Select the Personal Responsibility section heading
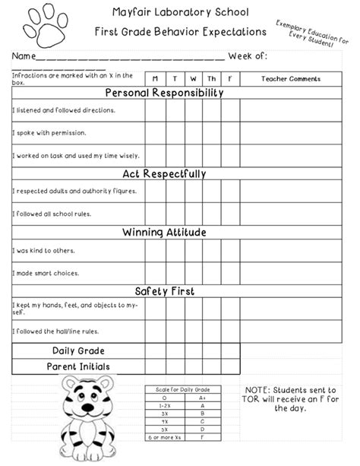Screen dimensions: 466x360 coord(164,93)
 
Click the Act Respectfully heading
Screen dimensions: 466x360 coord(164,174)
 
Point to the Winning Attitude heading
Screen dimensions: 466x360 coord(164,233)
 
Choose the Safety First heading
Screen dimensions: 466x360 coord(164,291)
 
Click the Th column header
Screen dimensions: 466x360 coord(212,78)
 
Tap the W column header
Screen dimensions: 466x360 coord(193,78)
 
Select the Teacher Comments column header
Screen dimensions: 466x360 coord(290,78)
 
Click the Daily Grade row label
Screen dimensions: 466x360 coord(78,350)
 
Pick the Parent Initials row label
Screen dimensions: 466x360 coord(78,366)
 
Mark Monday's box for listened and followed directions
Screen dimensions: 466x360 coord(155,110)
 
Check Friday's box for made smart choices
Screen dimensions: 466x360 coord(230,273)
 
